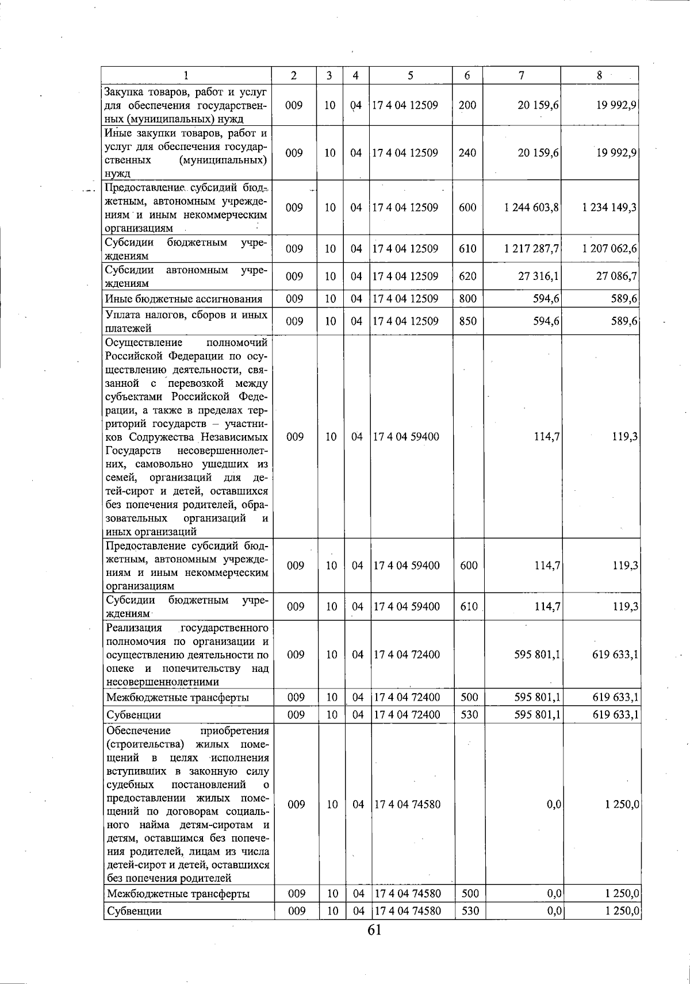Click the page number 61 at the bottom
pyautogui.click(x=374, y=929)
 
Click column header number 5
pyautogui.click(x=410, y=75)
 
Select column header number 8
pyautogui.click(x=599, y=75)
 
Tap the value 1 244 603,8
pyautogui.click(x=531, y=207)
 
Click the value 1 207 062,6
pyautogui.click(x=609, y=249)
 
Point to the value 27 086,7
pyautogui.click(x=616, y=276)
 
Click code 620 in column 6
pyautogui.click(x=467, y=276)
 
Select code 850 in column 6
pyautogui.click(x=467, y=321)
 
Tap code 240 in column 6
pyautogui.click(x=467, y=153)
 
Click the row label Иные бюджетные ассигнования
pyautogui.click(x=184, y=299)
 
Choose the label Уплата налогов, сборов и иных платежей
pyautogui.click(x=186, y=321)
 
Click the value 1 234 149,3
pyautogui.click(x=609, y=207)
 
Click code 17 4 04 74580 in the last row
pyautogui.click(x=407, y=911)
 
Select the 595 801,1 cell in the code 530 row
pyautogui.click(x=538, y=714)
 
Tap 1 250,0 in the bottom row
pyautogui.click(x=622, y=911)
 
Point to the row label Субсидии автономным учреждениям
pyautogui.click(x=186, y=276)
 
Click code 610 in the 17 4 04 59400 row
pyautogui.click(x=469, y=606)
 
